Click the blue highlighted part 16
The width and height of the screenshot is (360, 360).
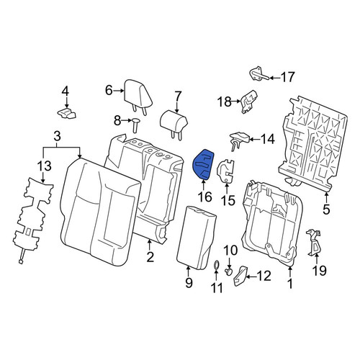(x=203, y=164)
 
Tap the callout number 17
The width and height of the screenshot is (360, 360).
(x=287, y=77)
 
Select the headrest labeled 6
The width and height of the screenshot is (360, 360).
(x=138, y=96)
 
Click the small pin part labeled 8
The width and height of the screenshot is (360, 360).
(x=135, y=125)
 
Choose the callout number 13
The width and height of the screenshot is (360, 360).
(x=45, y=166)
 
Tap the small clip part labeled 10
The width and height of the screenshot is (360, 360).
(x=229, y=272)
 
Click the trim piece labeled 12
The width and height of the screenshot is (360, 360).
(x=240, y=276)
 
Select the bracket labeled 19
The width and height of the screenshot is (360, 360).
(x=314, y=242)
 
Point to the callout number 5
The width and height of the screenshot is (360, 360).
(x=326, y=209)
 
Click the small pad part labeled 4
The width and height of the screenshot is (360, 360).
(x=66, y=113)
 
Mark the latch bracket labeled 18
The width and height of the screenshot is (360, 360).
(x=248, y=102)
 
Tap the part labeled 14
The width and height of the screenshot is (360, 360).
(x=239, y=139)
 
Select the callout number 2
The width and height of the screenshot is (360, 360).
(x=150, y=258)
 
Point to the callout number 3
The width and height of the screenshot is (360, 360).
(x=57, y=137)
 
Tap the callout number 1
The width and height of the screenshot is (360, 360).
(x=290, y=284)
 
